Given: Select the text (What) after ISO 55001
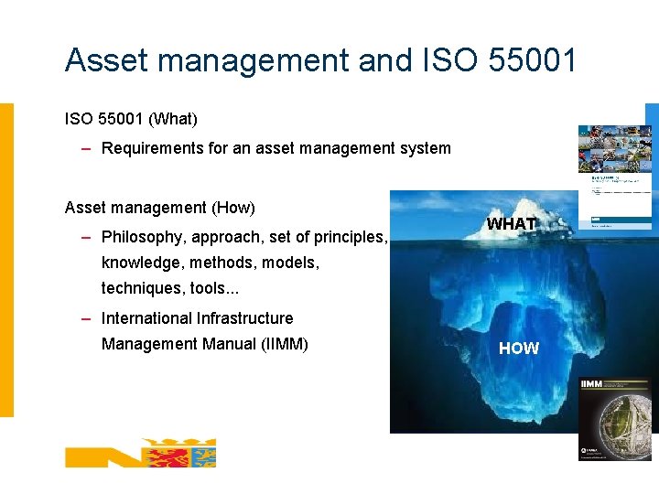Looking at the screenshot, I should pyautogui.click(x=173, y=119).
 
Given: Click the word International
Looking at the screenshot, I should pyautogui.click(x=146, y=318).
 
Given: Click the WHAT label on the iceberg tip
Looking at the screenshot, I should pyautogui.click(x=511, y=224).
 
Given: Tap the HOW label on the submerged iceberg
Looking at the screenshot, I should pyautogui.click(x=519, y=349).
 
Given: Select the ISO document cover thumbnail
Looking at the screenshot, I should pyautogui.click(x=614, y=176).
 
